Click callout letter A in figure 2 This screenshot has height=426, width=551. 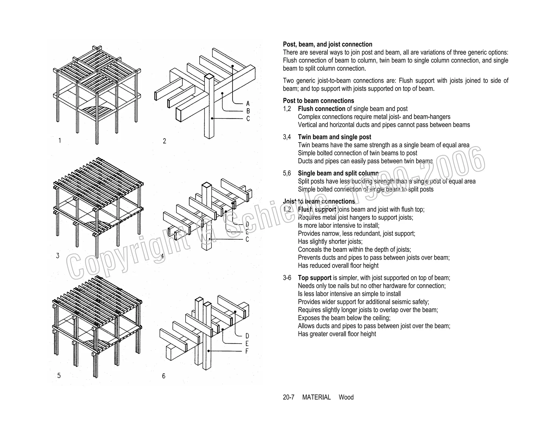[x=248, y=104]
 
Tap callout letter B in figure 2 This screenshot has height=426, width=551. [x=248, y=111]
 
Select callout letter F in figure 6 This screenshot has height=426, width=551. [x=247, y=351]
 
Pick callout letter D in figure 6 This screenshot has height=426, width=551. [x=247, y=336]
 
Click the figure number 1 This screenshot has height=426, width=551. [x=60, y=141]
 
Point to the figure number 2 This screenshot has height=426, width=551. [x=164, y=141]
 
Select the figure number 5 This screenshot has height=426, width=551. [x=59, y=376]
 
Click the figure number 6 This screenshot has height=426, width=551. [x=164, y=376]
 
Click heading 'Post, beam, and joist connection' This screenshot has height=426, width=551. [x=327, y=44]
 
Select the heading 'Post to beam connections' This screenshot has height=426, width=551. [x=318, y=101]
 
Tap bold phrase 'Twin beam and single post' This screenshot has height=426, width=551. [x=334, y=137]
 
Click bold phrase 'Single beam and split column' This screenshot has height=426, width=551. [x=338, y=173]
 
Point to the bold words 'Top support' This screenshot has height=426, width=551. [x=314, y=278]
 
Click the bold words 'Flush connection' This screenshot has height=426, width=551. [x=321, y=109]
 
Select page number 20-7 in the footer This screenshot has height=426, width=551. [x=288, y=397]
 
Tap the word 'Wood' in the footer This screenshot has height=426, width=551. [x=346, y=397]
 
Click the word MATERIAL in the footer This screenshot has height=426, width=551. [x=316, y=397]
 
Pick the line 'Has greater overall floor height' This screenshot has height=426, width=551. [x=337, y=334]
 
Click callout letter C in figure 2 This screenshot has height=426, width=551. [x=248, y=119]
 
